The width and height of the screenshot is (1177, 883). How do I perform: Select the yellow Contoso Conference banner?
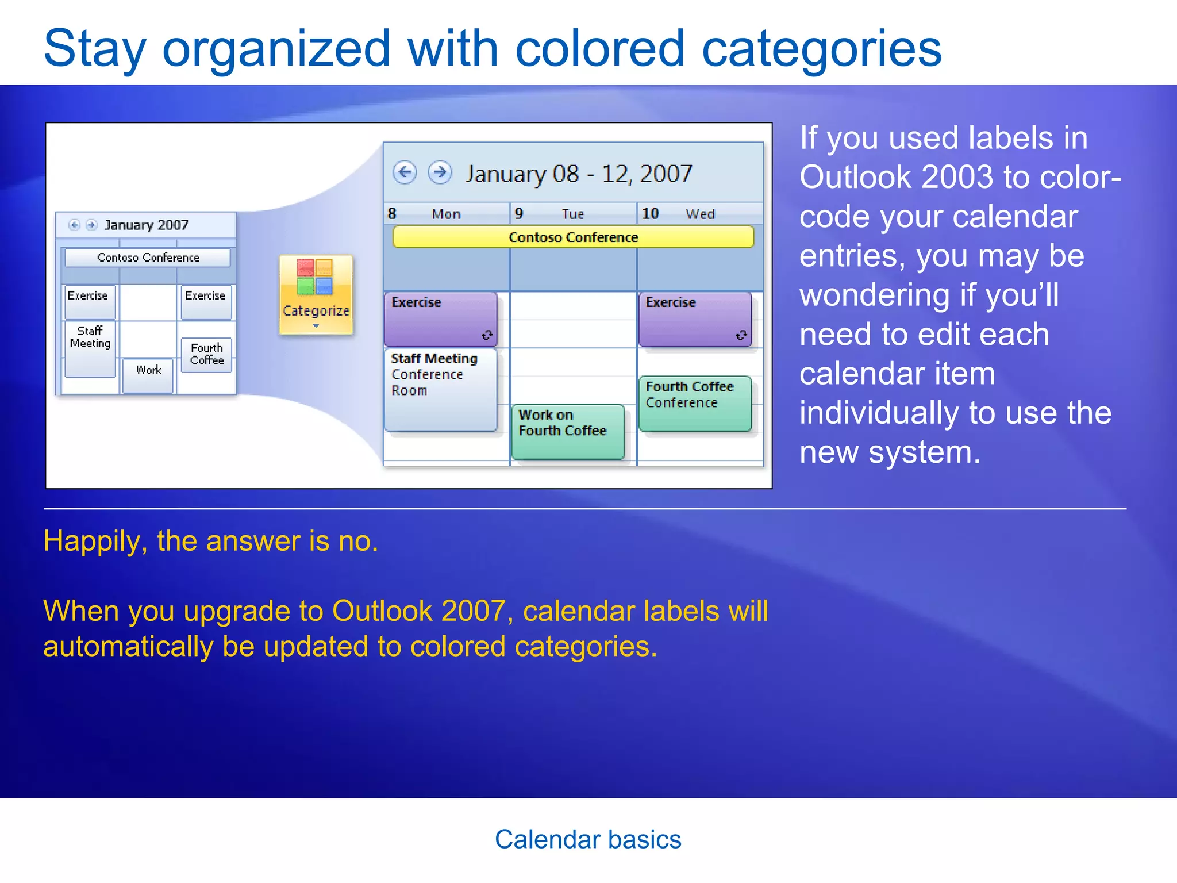click(572, 237)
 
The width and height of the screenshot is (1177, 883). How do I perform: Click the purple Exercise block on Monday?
click(440, 319)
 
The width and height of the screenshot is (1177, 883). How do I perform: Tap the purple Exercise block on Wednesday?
click(694, 319)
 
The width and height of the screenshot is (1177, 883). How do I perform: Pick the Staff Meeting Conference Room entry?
click(440, 389)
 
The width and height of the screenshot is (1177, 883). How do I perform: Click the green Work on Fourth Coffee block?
click(567, 431)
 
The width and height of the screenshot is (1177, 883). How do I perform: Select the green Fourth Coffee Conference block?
click(694, 403)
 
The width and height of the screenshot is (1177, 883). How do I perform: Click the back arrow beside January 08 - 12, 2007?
click(405, 172)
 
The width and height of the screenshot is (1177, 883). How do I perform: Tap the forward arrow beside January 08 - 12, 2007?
click(440, 172)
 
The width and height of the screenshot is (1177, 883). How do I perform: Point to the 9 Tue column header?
click(572, 214)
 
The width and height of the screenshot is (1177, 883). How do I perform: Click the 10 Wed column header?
click(699, 214)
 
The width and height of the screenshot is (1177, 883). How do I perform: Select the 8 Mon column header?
click(445, 214)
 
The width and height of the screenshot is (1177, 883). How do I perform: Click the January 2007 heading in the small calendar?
click(146, 225)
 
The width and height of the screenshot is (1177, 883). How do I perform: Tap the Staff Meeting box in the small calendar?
click(90, 348)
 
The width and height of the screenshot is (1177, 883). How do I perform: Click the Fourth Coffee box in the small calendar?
click(207, 355)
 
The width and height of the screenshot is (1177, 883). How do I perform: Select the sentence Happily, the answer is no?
click(210, 541)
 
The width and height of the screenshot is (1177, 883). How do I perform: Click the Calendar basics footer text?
click(588, 839)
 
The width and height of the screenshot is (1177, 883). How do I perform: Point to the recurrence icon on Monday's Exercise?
click(487, 335)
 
